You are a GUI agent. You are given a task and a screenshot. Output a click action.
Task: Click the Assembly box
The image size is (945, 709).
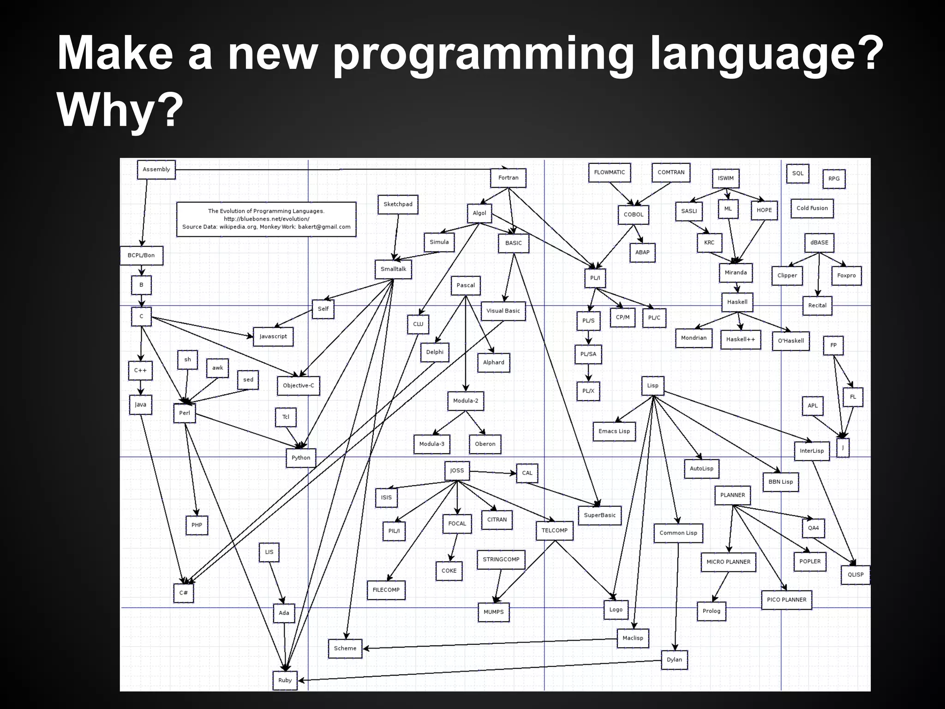(156, 169)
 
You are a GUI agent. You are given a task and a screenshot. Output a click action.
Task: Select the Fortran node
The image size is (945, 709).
(508, 178)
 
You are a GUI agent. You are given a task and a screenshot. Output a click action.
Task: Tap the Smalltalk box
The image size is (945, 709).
(393, 269)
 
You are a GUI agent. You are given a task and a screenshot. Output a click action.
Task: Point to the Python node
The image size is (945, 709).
(301, 458)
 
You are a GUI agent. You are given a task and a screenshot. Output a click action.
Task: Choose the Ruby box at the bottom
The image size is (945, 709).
(285, 680)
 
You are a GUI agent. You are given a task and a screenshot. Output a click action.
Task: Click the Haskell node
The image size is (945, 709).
(737, 302)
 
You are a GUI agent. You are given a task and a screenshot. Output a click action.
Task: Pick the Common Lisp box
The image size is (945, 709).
(678, 533)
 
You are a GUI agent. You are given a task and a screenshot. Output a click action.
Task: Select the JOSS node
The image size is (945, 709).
(457, 470)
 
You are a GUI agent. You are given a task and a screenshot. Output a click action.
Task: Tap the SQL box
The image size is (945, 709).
(797, 174)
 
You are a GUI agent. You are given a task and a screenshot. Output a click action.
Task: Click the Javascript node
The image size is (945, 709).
(273, 336)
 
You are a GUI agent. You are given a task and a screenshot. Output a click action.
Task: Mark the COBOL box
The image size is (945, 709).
(633, 215)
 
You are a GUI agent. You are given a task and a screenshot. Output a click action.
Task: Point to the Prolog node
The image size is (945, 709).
(711, 611)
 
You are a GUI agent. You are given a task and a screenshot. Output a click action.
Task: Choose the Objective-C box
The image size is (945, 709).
(298, 385)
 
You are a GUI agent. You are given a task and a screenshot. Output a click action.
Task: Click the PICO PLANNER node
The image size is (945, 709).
(786, 600)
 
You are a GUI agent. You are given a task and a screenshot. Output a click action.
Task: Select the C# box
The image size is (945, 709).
(183, 593)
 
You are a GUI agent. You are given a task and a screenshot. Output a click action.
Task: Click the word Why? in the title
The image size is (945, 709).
(117, 111)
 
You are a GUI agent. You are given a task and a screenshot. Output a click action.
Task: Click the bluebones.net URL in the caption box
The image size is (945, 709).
(266, 219)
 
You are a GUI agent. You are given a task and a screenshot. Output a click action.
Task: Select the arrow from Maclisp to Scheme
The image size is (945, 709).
(489, 643)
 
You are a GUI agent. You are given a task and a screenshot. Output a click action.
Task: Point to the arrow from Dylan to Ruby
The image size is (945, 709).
(480, 670)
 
